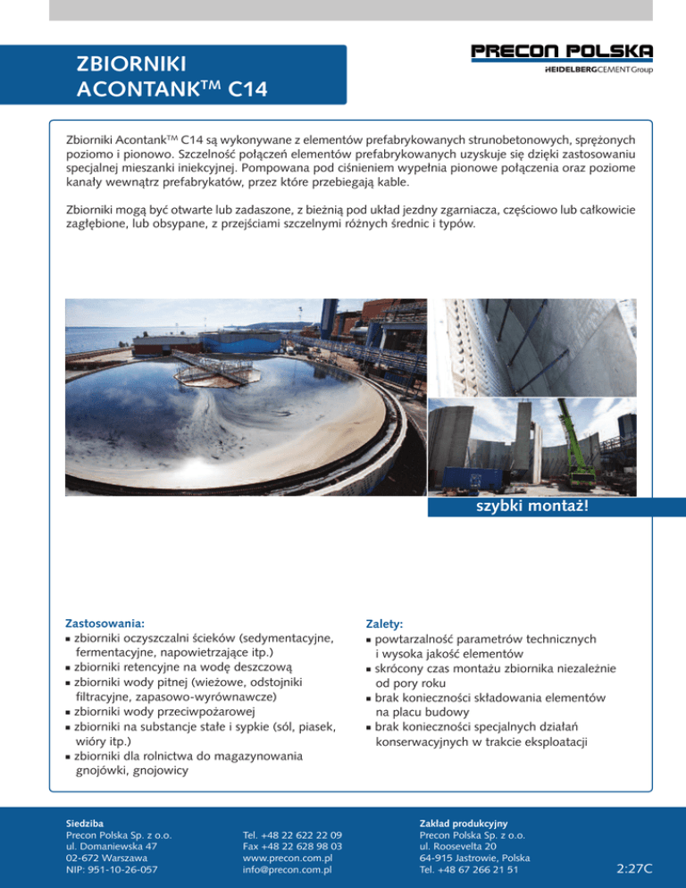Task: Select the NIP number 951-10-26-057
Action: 113,870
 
